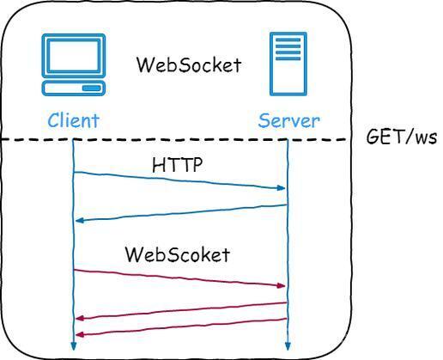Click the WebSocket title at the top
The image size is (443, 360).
[189, 64]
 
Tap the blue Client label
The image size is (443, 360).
[73, 120]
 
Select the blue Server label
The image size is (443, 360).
[288, 120]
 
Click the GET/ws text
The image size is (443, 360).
[402, 137]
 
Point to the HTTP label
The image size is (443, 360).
[177, 164]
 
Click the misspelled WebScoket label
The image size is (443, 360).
[178, 254]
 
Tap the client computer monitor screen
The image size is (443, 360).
[74, 56]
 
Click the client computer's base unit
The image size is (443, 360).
[74, 88]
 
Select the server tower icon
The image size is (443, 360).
[288, 64]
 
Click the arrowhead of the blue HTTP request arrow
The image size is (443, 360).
[282, 188]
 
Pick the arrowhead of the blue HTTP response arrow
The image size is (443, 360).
[79, 220]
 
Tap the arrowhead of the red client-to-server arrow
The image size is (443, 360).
[282, 285]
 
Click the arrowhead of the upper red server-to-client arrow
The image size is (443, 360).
[79, 318]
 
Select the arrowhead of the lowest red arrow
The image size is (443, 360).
[79, 334]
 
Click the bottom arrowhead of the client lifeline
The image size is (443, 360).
[74, 346]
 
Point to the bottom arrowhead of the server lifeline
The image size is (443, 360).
[288, 346]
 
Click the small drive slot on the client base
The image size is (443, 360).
[92, 88]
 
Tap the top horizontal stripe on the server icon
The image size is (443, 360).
[288, 40]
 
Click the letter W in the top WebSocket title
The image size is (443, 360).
[144, 64]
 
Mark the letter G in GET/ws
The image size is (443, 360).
[372, 137]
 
